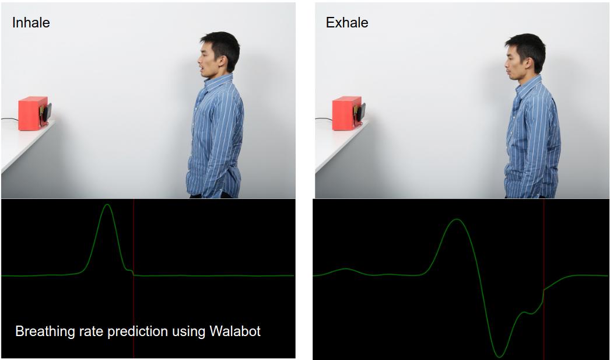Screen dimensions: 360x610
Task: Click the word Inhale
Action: coord(31,23)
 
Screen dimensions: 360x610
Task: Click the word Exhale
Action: coord(347,23)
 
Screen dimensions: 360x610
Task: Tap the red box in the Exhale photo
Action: coord(346,113)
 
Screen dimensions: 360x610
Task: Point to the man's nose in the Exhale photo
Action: coord(506,62)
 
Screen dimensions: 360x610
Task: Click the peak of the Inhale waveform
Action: coord(107,205)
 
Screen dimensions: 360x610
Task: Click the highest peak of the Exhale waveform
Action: coord(457,219)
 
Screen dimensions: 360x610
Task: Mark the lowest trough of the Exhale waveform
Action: coord(499,356)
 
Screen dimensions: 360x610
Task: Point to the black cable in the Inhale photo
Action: coord(9,119)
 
